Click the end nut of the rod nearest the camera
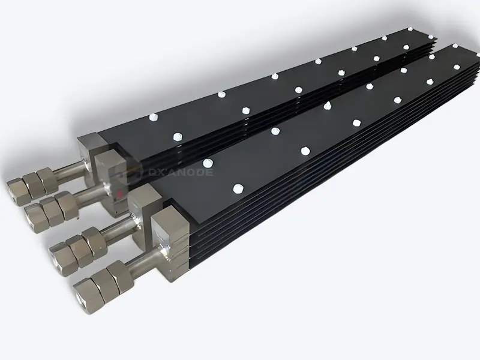pyautogui.click(x=85, y=295)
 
